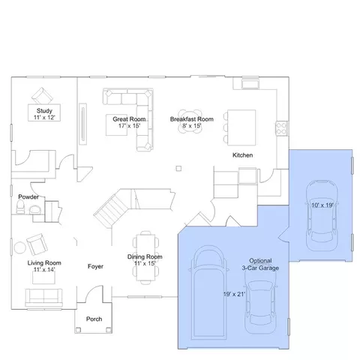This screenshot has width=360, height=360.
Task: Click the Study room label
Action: [x=44, y=111]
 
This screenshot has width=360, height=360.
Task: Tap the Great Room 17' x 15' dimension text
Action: [x=129, y=126]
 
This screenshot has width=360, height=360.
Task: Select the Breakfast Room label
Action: [x=192, y=119]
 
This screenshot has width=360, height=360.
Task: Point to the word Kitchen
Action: [x=242, y=155]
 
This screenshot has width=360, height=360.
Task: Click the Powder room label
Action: [x=28, y=196]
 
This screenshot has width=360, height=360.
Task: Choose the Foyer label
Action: [x=95, y=266]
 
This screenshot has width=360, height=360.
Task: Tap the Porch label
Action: [x=94, y=319]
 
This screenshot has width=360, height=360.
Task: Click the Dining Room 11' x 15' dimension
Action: [x=145, y=263]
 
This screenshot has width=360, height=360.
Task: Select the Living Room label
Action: [x=44, y=262]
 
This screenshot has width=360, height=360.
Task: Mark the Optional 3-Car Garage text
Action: [x=260, y=265]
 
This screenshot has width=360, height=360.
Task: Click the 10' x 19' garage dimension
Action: [x=322, y=205]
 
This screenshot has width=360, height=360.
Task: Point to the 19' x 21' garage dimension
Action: [x=234, y=294]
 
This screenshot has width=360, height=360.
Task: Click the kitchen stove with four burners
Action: [x=281, y=128]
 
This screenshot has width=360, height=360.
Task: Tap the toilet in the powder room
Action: [x=20, y=207]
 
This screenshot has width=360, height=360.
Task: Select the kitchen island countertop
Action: [x=241, y=127]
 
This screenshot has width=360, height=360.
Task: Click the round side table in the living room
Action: [x=20, y=247]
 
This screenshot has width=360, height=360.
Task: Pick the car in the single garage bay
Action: [x=322, y=215]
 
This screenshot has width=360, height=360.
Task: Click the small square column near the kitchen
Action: [x=178, y=169]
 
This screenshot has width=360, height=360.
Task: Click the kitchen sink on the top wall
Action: [x=250, y=84]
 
